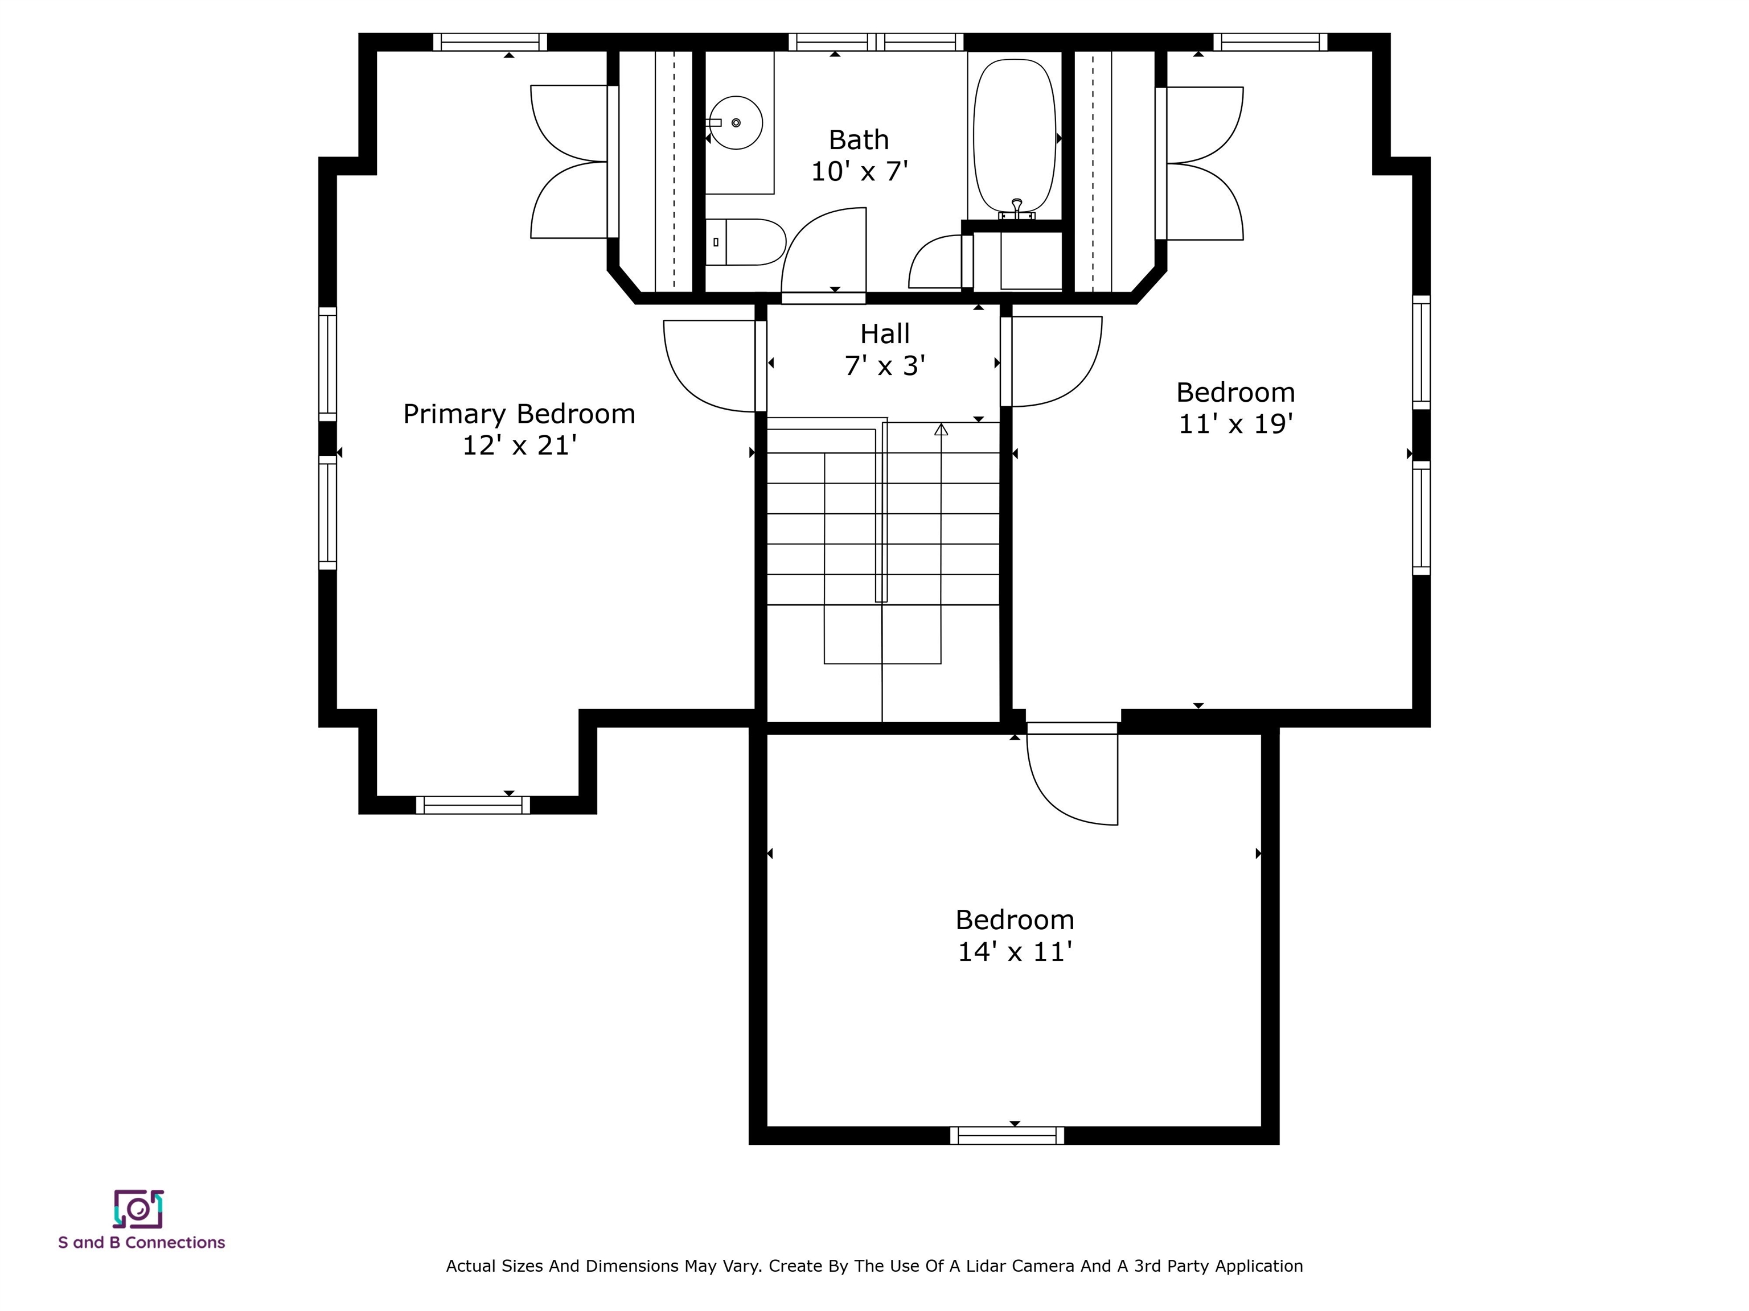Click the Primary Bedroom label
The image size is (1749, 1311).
[519, 414]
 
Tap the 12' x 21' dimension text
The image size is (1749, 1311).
[519, 446]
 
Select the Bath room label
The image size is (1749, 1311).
[859, 140]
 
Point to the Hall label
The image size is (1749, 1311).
[885, 334]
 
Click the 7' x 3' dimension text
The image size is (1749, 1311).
[885, 366]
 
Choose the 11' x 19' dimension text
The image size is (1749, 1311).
[1236, 424]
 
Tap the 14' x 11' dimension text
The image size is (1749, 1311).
[1015, 951]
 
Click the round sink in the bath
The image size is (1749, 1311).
[736, 122]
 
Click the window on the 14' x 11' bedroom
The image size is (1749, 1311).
[1007, 1136]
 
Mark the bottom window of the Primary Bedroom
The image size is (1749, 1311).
[473, 805]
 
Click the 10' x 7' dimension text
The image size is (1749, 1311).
[860, 171]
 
